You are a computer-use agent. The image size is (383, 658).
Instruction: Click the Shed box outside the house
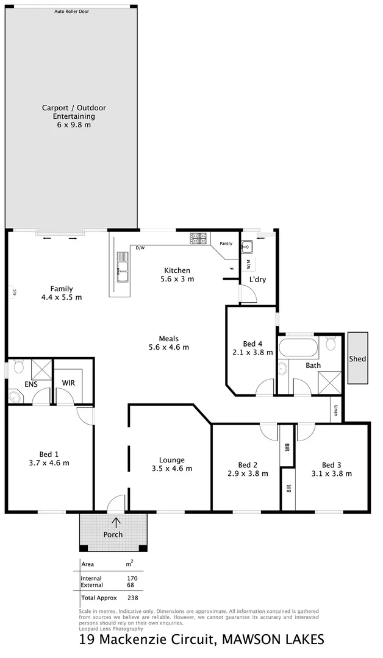(357, 358)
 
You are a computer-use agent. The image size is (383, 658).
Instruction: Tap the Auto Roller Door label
(71, 11)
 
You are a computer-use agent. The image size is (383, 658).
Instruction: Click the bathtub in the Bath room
(298, 349)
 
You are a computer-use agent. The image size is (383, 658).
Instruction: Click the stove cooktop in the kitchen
(199, 239)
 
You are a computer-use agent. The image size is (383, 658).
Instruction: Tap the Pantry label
(226, 244)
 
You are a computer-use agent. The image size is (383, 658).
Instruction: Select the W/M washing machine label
(248, 264)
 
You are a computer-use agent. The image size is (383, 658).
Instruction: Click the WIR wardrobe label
(68, 383)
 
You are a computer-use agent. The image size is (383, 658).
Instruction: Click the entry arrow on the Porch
(116, 522)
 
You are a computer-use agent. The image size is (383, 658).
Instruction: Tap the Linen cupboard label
(336, 412)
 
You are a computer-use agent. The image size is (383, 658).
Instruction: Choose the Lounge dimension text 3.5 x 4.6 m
(171, 469)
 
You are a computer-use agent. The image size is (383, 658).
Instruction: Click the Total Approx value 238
(134, 598)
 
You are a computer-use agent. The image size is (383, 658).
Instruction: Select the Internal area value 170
(132, 578)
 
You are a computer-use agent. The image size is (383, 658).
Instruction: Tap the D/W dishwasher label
(140, 248)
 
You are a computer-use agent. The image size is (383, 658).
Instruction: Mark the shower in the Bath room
(331, 383)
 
